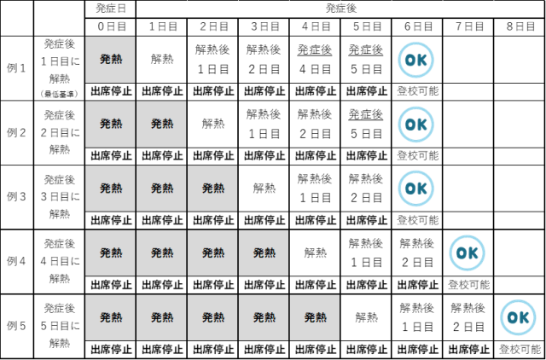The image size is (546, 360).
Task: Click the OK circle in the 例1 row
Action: coord(416,60)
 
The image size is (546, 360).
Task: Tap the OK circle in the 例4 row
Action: coord(468,253)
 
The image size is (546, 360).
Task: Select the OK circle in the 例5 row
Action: coord(519,316)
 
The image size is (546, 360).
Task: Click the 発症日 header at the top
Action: coord(110,8)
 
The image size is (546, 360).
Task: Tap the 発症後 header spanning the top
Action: coord(340,8)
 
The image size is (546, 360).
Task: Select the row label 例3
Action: coord(17,196)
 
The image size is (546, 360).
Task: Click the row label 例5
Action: coord(17,324)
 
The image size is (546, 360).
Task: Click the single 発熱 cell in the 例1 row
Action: coord(110,60)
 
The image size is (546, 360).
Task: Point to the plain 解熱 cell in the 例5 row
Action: coord(366,317)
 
